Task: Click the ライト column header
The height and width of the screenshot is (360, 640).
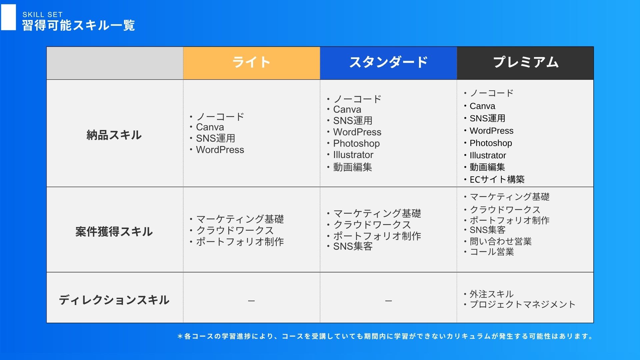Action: pos(251,62)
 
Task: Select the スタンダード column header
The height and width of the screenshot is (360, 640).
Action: pos(388,62)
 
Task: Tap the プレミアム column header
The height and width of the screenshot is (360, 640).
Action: pos(525,62)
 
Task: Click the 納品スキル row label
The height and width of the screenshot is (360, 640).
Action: pos(114,135)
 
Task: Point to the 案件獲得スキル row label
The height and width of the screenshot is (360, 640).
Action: pos(114,232)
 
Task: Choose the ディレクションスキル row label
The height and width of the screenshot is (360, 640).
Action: pos(114,300)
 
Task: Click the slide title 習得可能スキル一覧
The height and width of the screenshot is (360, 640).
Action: pos(79,25)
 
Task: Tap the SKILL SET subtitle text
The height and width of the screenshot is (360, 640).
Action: pos(43,15)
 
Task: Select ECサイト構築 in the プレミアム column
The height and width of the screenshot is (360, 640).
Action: pos(497,179)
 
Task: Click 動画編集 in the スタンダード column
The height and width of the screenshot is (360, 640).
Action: pos(353,167)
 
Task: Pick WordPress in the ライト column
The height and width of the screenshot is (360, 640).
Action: pos(220,150)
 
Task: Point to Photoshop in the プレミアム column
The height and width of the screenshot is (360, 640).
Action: pos(491,143)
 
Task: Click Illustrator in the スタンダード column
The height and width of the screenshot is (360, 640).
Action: pos(353,155)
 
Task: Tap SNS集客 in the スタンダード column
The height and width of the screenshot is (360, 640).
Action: pos(353,246)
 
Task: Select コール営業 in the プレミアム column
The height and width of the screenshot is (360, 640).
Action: pos(492,252)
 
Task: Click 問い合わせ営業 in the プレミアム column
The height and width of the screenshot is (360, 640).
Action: pos(501,241)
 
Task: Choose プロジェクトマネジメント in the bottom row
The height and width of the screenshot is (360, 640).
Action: pos(523,304)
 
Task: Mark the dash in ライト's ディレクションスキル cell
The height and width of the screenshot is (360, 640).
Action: pos(252,301)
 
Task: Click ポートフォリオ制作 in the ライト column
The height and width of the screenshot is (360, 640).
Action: pos(240,242)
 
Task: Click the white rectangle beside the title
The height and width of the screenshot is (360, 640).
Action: pos(8,17)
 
